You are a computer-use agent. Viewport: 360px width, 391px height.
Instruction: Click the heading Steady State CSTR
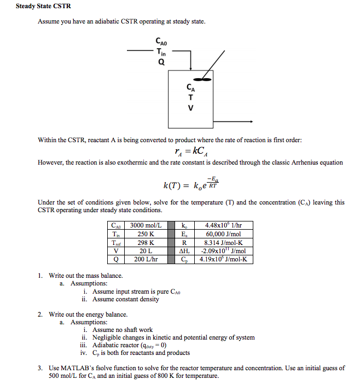click(x=43, y=7)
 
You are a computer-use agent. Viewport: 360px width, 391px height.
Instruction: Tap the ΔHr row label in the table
click(x=185, y=251)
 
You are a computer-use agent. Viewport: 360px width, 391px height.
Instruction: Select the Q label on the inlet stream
click(x=161, y=62)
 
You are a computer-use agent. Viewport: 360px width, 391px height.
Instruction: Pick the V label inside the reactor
click(x=190, y=108)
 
